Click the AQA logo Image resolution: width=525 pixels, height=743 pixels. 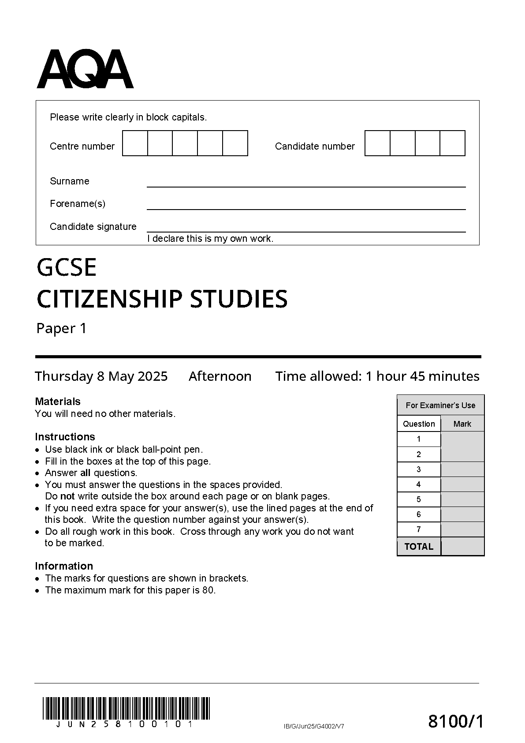85,70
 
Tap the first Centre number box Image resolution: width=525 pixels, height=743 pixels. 135,143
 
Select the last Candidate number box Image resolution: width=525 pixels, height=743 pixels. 452,143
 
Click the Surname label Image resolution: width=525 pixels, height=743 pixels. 69,181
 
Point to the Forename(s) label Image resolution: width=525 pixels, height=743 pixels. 78,204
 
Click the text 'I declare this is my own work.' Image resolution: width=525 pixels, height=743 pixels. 210,239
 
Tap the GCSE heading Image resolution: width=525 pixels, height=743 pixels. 67,267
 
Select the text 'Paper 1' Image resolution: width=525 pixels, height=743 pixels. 61,329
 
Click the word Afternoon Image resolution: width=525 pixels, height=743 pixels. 220,376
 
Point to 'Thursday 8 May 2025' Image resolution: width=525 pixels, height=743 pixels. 101,376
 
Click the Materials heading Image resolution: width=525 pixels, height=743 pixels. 58,402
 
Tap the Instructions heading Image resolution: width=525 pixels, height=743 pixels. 65,437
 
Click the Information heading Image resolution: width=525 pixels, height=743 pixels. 64,566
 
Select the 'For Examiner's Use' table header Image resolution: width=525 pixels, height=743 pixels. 440,405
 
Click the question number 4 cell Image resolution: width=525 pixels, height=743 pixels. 418,484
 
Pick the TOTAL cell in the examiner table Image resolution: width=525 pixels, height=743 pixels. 418,547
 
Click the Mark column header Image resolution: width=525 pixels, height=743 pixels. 462,424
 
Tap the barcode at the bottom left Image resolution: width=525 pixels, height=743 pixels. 126,708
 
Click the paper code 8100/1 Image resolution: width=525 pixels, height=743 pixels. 456,722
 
